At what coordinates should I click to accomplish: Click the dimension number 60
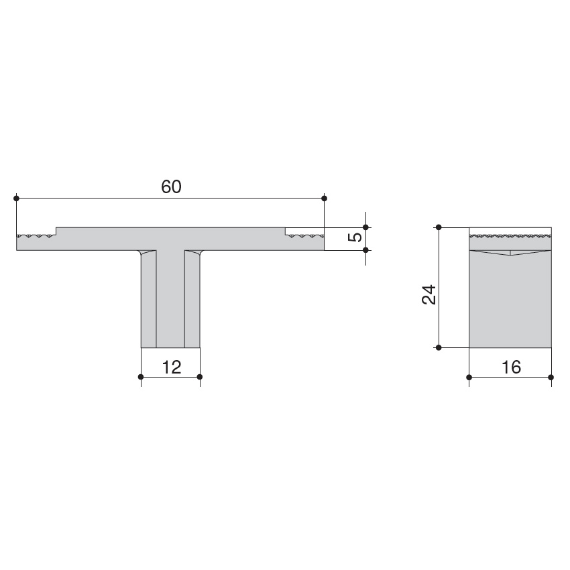tap(171, 187)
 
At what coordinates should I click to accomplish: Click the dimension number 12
tap(171, 367)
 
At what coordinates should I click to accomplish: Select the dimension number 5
tap(356, 237)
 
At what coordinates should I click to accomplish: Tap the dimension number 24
tap(429, 294)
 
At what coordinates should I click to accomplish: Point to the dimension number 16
tap(511, 367)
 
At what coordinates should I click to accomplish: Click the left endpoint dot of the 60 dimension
tap(16, 198)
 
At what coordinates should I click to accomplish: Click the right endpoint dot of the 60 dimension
tap(325, 198)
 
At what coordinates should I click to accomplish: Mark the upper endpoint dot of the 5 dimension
tap(365, 227)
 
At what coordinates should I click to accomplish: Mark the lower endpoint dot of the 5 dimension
tap(365, 250)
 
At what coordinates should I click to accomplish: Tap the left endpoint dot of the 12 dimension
tap(141, 377)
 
